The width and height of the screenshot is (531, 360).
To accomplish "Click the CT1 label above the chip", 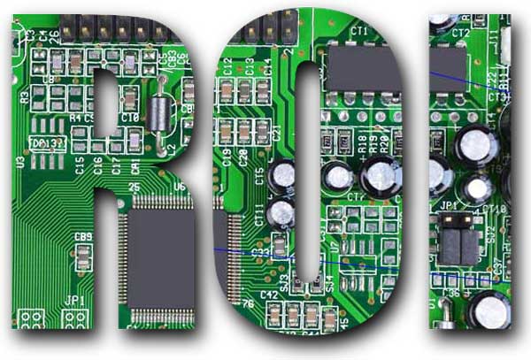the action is [x=359, y=32].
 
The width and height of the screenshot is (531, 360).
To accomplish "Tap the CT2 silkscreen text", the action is [x=460, y=33].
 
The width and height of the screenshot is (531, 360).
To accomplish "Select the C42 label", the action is [x=269, y=295].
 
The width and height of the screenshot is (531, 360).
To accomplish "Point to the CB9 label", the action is [x=83, y=236].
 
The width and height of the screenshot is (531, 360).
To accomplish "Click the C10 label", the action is [x=130, y=118].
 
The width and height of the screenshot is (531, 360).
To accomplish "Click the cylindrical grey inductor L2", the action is [x=159, y=114].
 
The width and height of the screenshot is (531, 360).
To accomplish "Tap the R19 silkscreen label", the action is [x=373, y=144].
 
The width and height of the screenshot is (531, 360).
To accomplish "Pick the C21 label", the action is [x=277, y=133].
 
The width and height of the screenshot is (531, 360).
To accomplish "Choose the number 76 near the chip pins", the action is [x=248, y=304].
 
